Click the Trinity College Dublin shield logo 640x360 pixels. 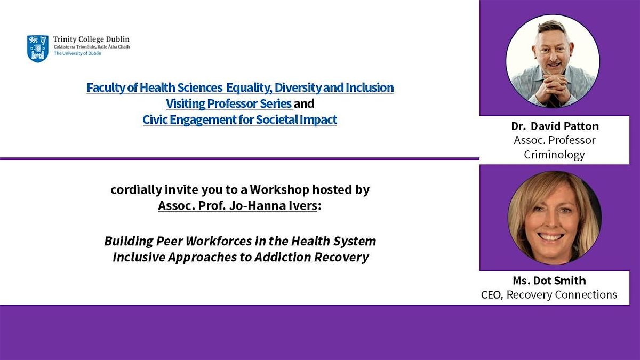point(38,49)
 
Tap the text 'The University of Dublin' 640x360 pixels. point(78,53)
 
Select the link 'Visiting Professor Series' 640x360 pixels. point(229,103)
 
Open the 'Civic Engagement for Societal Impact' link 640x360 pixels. point(239,119)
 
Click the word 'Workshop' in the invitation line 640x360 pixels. point(279,190)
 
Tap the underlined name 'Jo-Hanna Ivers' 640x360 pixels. point(273,206)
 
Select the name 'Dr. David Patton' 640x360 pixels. point(555,126)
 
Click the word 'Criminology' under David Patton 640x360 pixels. point(554,155)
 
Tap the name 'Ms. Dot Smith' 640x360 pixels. point(549,281)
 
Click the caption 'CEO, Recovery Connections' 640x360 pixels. point(549,295)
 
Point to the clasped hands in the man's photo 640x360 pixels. point(551,86)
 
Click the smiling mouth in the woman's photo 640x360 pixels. point(550,237)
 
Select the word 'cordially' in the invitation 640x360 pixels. point(137,190)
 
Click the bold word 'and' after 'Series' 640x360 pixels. point(304,103)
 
